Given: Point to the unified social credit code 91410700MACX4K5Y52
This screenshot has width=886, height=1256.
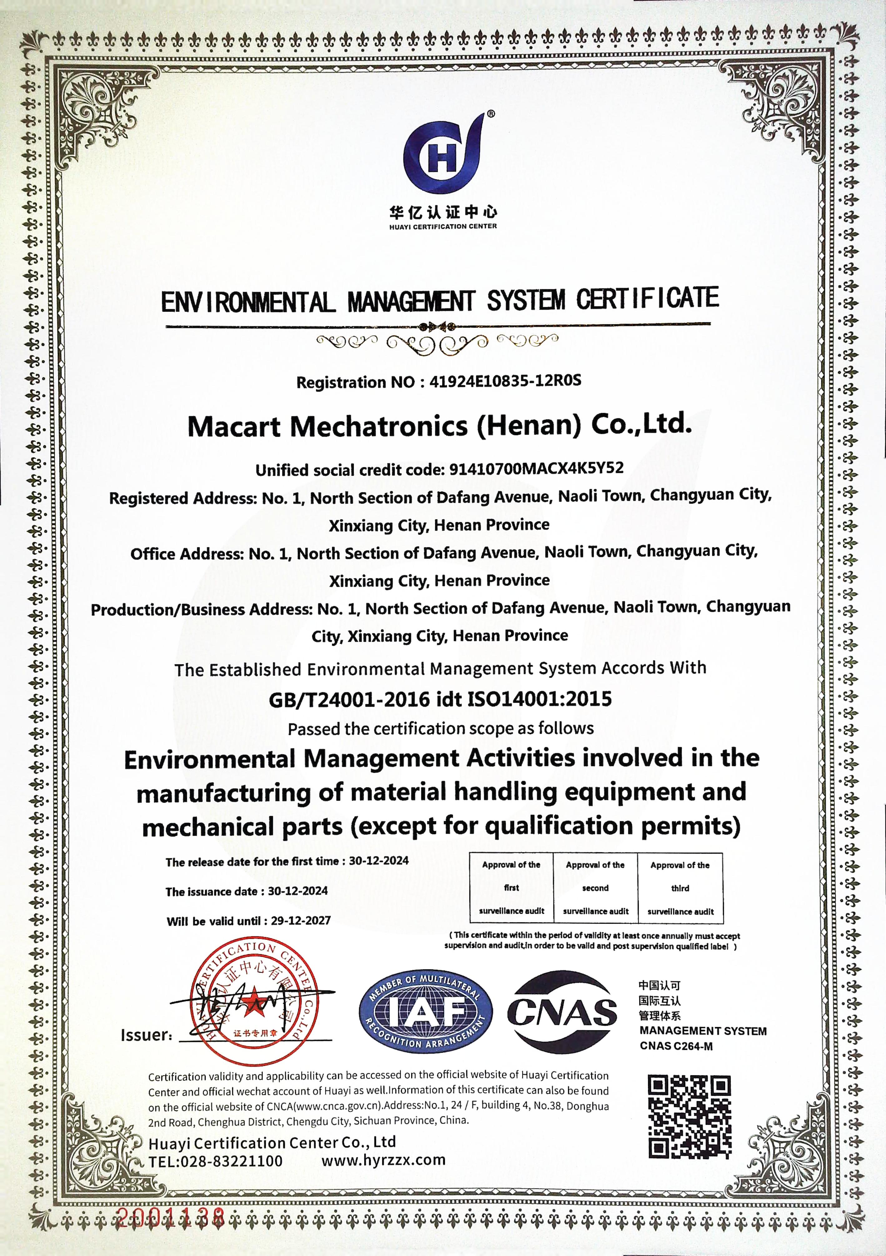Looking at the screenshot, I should [536, 468].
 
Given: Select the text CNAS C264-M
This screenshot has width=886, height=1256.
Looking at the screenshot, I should [676, 1046].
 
